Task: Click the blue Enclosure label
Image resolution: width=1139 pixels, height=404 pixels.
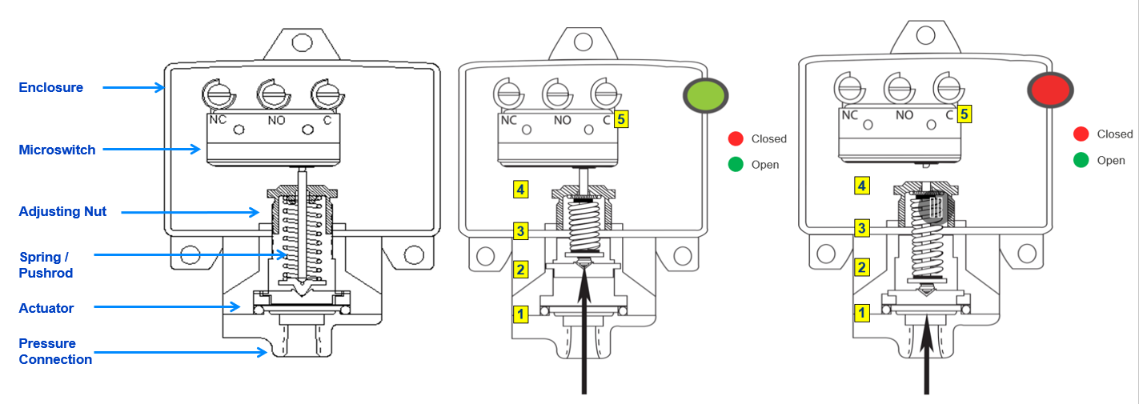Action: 51,87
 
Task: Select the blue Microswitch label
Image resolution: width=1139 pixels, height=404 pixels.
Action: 57,150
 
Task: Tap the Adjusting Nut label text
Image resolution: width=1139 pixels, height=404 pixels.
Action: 62,212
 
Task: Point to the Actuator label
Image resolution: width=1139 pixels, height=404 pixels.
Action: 46,308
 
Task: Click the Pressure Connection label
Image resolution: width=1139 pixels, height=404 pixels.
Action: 55,351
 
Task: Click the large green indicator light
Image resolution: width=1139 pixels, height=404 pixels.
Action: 704,96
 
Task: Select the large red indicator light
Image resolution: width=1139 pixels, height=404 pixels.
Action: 1050,90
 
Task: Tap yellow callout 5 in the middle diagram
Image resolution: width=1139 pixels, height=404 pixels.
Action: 622,120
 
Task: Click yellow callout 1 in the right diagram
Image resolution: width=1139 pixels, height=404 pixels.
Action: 862,313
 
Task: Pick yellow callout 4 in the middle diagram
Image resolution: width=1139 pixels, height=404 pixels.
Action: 521,190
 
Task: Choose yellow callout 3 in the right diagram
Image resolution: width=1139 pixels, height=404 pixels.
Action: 862,228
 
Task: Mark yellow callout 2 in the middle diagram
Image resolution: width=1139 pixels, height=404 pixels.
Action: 521,269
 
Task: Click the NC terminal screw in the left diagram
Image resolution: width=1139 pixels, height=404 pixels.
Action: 216,95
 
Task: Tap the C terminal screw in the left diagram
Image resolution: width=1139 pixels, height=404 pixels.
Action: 326,94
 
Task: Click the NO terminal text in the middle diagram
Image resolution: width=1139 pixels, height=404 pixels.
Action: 562,120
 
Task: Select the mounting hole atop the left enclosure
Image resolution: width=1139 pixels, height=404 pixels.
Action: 301,42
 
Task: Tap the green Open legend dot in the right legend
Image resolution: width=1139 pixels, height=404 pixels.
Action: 1081,160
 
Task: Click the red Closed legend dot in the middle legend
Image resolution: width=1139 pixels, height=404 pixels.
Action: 736,138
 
